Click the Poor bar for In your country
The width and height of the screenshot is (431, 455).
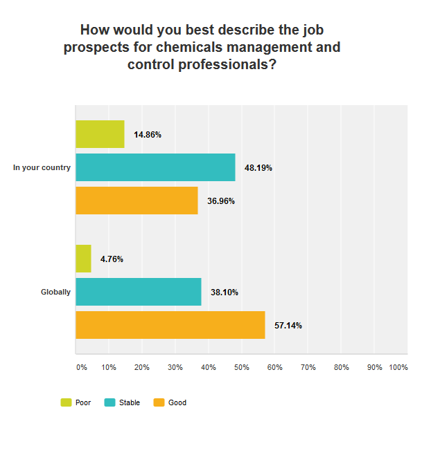click(x=100, y=134)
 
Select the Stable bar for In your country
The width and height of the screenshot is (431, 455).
click(x=155, y=167)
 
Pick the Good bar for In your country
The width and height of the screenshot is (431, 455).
click(x=137, y=201)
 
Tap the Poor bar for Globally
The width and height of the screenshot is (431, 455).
click(x=83, y=259)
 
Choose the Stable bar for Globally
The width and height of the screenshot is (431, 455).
click(x=139, y=292)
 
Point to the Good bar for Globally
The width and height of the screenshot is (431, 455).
click(x=170, y=325)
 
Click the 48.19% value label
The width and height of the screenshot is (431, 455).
click(x=258, y=167)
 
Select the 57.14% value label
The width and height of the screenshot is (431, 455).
click(x=288, y=325)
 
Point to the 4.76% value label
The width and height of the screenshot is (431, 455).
click(x=112, y=259)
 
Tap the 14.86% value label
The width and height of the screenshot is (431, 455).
click(x=148, y=135)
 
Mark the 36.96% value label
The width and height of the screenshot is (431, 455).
click(x=221, y=201)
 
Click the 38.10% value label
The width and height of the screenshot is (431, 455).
click(x=225, y=292)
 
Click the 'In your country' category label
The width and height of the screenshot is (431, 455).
click(x=42, y=167)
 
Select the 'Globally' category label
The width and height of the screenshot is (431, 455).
click(x=55, y=292)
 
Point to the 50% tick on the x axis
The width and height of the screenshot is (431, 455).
click(x=241, y=367)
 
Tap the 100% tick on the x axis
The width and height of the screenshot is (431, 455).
click(x=398, y=367)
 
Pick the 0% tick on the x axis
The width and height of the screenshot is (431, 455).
click(x=81, y=367)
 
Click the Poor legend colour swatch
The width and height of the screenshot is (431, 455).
click(x=67, y=402)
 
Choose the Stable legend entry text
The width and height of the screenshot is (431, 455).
click(x=130, y=402)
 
